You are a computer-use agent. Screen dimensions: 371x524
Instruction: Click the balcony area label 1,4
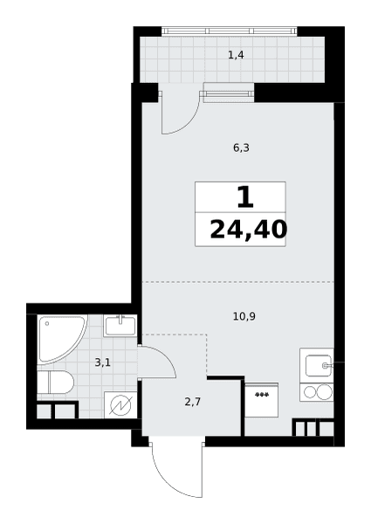coord(236,55)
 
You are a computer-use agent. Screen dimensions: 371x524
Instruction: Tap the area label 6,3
coord(241,148)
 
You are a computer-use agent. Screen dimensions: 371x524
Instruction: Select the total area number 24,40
coord(248,230)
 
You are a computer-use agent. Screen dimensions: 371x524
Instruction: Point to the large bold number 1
coord(245,197)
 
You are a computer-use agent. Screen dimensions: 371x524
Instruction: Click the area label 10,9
coord(244,316)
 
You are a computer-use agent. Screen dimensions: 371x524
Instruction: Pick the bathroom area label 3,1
coord(102,362)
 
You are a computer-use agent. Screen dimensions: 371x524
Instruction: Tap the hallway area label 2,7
coord(193,402)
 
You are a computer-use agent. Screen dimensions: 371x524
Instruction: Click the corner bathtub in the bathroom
coord(61,339)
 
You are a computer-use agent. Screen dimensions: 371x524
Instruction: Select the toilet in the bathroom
coord(55,382)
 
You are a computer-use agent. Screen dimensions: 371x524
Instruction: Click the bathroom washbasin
coord(120,326)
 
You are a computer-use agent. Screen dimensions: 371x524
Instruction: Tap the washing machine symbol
coord(120,404)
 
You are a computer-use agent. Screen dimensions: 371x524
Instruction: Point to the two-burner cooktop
coord(317,392)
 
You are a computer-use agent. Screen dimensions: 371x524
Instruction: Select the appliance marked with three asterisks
coord(262,400)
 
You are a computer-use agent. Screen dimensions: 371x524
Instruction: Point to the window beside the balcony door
coord(229,93)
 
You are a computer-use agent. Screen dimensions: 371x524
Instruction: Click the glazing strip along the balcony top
coord(229,31)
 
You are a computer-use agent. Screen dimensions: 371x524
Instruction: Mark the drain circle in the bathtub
coord(47,323)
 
